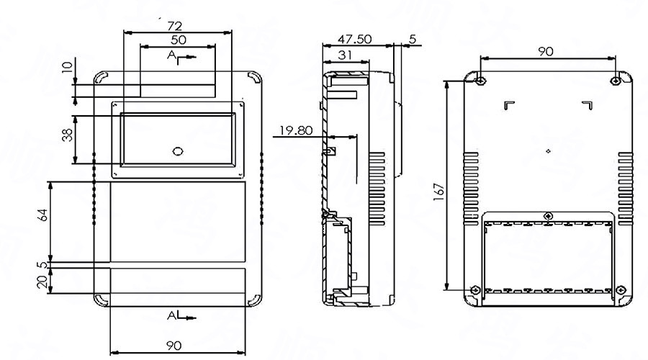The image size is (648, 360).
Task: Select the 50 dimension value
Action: click(178, 40)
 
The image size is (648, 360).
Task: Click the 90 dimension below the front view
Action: click(174, 346)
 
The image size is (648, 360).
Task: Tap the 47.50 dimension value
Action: click(354, 40)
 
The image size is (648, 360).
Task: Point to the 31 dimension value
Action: click(343, 55)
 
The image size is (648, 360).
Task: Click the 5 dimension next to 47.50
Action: click(413, 38)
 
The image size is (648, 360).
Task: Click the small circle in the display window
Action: click(178, 151)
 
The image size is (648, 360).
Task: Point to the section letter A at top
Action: click(171, 55)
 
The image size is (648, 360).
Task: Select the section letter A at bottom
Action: click(171, 315)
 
